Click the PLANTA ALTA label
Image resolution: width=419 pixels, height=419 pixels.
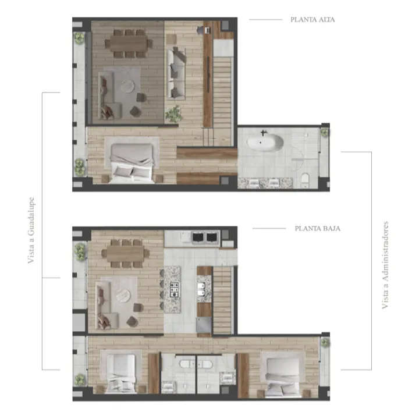point(313,20)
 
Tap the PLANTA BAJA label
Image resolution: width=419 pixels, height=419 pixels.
point(318,229)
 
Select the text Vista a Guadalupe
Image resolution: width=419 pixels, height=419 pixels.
point(31,230)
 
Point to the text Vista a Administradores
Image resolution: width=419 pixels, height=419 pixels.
point(385,265)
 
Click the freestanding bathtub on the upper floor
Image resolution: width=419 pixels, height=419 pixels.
point(265,143)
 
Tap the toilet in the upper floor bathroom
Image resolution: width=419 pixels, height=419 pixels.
point(305,180)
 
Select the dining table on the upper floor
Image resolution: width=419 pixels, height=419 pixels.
point(128,44)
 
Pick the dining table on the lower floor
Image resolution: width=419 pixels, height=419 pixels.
point(125,254)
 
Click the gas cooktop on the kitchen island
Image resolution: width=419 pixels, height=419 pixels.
point(175,289)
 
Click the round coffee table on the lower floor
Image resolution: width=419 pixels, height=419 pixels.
point(123,296)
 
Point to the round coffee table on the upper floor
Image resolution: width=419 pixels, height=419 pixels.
point(127,86)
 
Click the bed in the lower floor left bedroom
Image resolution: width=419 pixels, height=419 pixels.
point(120,374)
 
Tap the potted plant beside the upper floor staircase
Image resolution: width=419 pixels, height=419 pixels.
point(173,114)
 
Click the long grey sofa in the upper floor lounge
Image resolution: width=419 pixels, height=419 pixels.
point(176,73)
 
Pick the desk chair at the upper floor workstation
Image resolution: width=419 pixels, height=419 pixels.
point(200,30)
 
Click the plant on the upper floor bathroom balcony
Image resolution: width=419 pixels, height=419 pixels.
point(324,132)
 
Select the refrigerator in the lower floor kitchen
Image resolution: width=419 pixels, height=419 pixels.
point(204,325)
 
